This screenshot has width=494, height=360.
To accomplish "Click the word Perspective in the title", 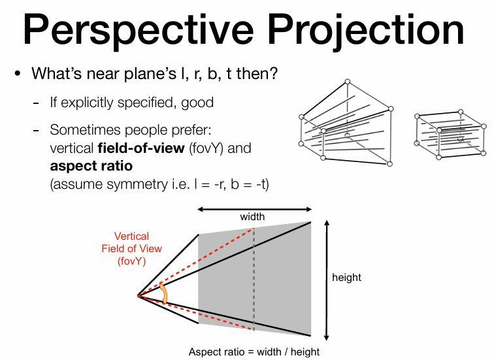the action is point(138,31).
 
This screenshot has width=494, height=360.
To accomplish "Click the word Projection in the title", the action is point(366,31).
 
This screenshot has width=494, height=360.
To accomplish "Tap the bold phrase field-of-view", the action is point(141,148).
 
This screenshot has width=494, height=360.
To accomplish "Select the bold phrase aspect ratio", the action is point(91,166).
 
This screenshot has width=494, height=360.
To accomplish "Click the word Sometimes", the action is point(83,129).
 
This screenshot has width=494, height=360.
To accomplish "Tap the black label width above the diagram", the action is point(252,217).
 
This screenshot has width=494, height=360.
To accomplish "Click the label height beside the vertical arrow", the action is point(346,278).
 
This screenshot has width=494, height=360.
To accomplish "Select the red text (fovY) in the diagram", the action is point(132,261).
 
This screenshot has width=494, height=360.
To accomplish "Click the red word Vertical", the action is point(131,237).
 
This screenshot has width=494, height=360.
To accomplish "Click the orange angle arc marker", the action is point(164,293).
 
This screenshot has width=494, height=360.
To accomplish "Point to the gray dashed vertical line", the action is point(254,279).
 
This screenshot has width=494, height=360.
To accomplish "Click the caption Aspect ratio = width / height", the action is point(254,352).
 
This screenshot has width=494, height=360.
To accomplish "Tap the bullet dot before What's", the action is point(18,74).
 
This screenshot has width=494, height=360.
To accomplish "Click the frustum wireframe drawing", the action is point(346,123).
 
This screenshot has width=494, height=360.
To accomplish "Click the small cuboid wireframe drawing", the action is point(450,135).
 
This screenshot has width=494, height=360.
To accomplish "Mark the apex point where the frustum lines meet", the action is point(138,296).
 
